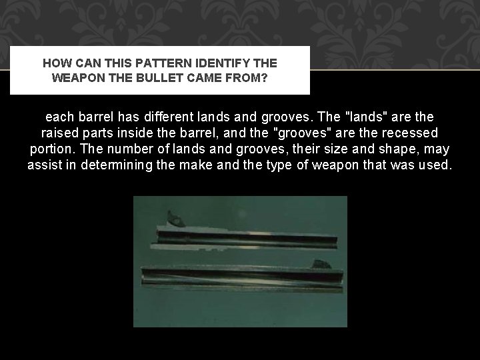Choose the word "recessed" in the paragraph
408,133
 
